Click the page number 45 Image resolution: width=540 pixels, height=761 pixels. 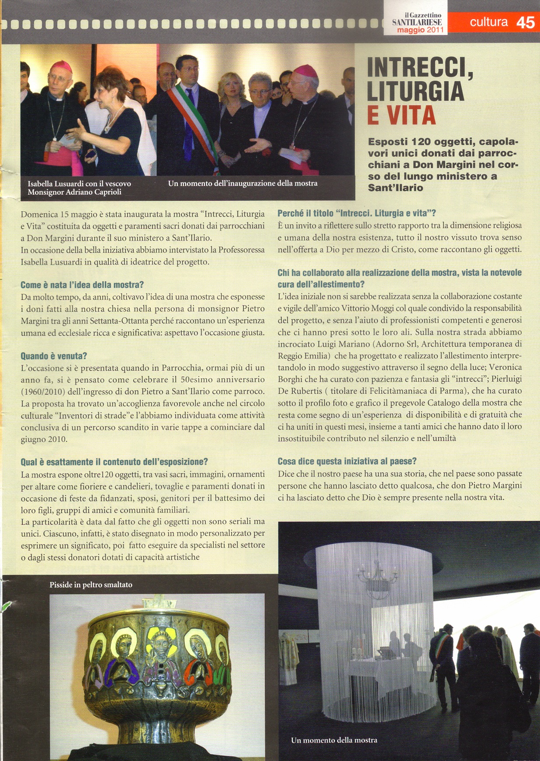[x=525, y=22]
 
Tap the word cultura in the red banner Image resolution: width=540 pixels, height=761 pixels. [x=488, y=22]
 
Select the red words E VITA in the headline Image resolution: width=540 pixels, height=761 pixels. [x=401, y=115]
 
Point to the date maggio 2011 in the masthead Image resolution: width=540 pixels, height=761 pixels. [x=420, y=30]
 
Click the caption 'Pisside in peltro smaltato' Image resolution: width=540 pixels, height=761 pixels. [x=91, y=584]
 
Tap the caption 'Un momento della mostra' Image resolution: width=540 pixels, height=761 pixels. [x=334, y=740]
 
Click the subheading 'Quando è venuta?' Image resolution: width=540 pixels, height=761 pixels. [x=54, y=356]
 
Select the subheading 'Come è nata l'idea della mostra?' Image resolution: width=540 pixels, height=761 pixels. [x=82, y=285]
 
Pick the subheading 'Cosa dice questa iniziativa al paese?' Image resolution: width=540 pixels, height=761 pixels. [x=347, y=461]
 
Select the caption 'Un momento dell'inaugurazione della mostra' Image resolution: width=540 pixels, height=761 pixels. [x=242, y=183]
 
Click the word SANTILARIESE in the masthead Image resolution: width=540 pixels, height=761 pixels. [x=417, y=22]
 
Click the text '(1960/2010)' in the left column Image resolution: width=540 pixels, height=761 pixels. [x=43, y=391]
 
